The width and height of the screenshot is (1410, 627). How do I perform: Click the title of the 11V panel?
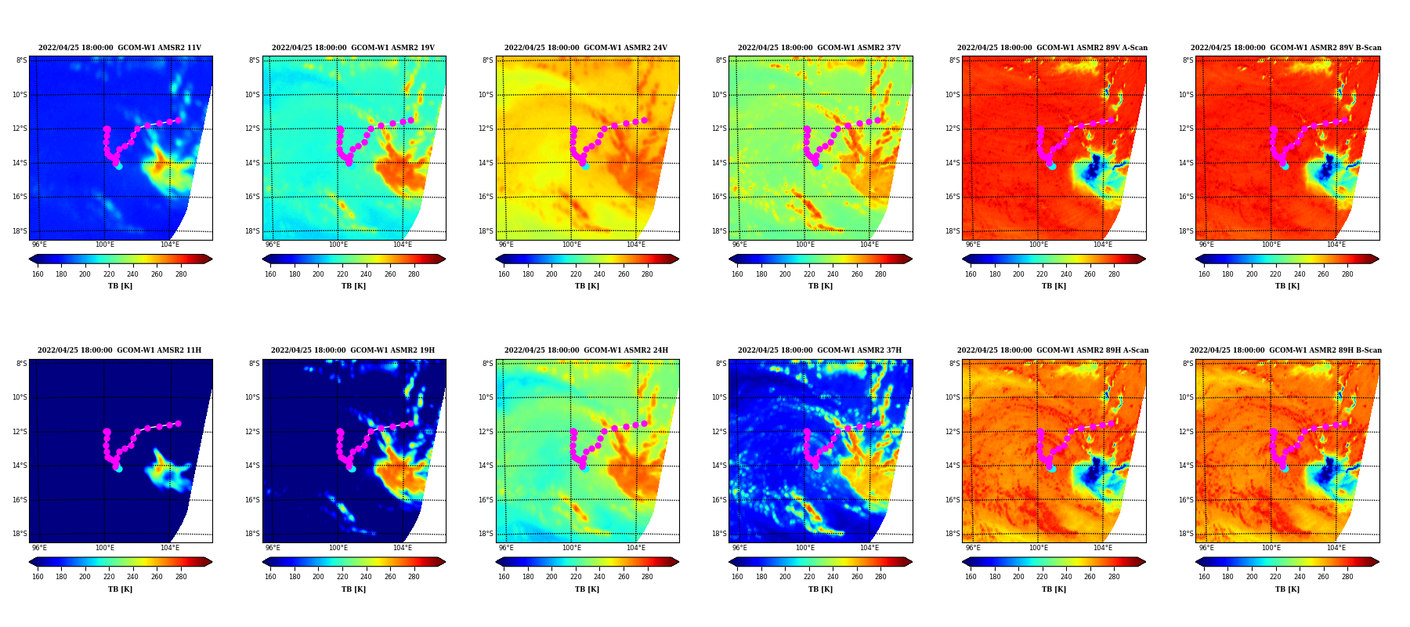(120, 48)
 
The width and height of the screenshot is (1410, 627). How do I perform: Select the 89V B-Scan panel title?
(1286, 48)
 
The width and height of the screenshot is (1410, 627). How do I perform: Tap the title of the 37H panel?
(819, 350)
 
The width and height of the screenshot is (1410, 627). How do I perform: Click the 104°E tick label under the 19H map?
(403, 548)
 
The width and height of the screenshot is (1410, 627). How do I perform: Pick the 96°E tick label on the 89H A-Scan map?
(973, 548)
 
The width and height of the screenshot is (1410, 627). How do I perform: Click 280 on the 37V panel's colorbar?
(880, 274)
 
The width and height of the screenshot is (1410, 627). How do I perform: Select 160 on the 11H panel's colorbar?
(38, 577)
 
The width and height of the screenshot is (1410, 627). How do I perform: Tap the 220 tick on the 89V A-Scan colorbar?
(1042, 274)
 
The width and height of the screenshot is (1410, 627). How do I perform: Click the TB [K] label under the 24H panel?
(587, 589)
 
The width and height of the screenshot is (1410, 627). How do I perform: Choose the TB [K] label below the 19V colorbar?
(353, 286)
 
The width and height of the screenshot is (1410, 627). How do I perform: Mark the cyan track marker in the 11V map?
(118, 166)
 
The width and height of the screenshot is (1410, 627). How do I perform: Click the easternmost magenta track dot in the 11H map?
(178, 423)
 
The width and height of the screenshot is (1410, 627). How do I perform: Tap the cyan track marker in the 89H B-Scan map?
(1285, 469)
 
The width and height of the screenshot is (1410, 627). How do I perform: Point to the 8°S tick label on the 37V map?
(721, 60)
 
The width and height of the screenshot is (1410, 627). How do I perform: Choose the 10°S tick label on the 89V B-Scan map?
(1186, 95)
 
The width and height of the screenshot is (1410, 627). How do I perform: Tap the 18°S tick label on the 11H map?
(20, 534)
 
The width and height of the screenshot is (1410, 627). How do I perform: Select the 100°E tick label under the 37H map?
(804, 548)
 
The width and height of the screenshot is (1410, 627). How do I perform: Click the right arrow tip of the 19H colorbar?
(445, 562)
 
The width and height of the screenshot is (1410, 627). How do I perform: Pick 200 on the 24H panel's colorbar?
(551, 577)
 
